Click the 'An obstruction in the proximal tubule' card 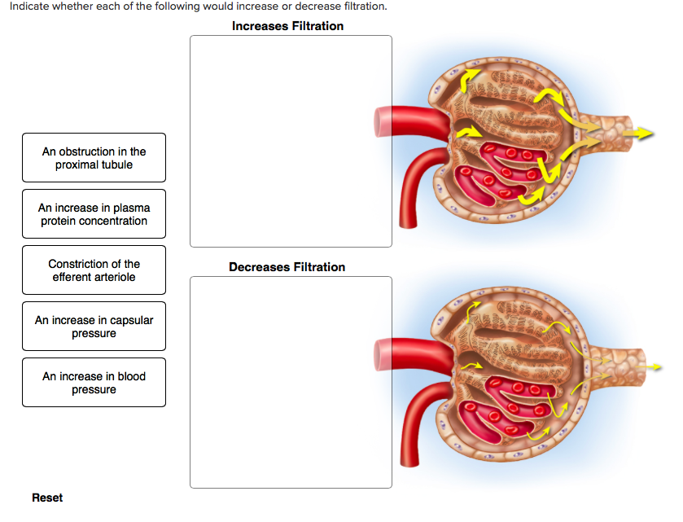click(x=94, y=158)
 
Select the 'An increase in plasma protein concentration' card click(x=94, y=214)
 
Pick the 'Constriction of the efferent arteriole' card click(x=94, y=270)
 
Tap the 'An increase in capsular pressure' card click(x=94, y=327)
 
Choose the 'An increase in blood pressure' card click(x=94, y=383)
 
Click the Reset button click(x=47, y=498)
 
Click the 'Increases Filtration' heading click(x=287, y=26)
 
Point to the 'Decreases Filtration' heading click(x=287, y=267)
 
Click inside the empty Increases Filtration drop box click(x=291, y=141)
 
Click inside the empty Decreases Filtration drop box click(x=291, y=382)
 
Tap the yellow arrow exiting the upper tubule click(x=643, y=133)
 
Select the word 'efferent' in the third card click(x=75, y=277)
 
